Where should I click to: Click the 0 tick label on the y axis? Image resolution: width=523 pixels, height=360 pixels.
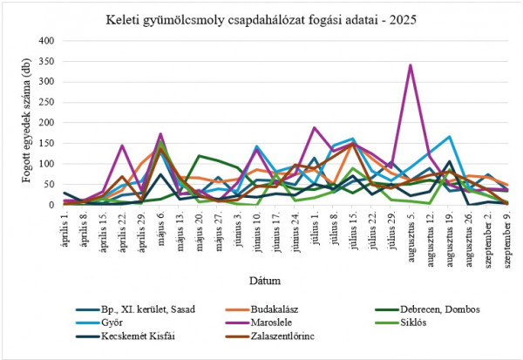click(x=52, y=206)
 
